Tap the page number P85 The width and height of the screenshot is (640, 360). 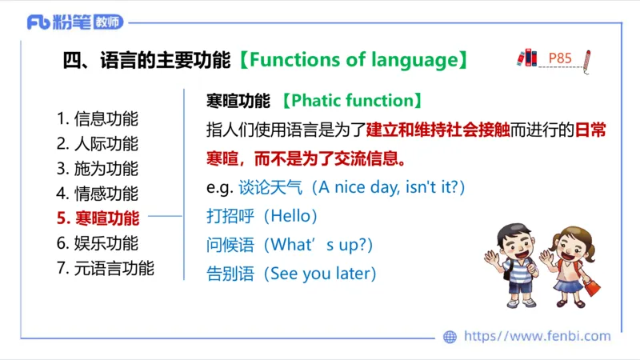[560, 58]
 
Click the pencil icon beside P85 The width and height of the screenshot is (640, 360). [587, 61]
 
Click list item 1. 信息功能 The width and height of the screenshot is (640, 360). [98, 119]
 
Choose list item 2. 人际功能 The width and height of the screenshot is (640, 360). [98, 144]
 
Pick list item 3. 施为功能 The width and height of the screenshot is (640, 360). [98, 169]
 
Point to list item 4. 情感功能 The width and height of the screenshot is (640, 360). [98, 194]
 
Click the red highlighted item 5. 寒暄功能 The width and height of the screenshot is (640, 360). [98, 218]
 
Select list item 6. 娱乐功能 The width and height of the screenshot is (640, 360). [98, 243]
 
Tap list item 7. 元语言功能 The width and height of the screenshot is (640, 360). [106, 268]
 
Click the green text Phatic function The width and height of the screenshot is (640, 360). [352, 101]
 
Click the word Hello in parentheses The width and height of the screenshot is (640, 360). [295, 216]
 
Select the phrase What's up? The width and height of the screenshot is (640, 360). [318, 244]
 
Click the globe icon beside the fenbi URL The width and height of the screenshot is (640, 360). [450, 337]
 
